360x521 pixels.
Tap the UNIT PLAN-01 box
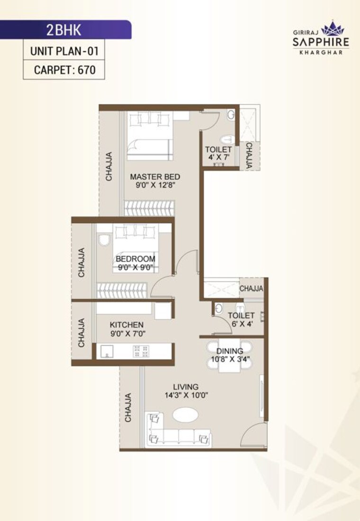click(x=64, y=50)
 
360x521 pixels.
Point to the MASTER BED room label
click(x=155, y=177)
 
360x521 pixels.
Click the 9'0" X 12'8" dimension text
click(x=155, y=186)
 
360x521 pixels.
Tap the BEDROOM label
click(x=135, y=259)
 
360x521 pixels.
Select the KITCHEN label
click(x=126, y=325)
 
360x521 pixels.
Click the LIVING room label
click(x=185, y=386)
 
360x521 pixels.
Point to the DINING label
click(x=230, y=351)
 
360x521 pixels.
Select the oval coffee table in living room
click(x=185, y=415)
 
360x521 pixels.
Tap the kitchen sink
click(x=106, y=351)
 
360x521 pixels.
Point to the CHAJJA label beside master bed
click(x=109, y=166)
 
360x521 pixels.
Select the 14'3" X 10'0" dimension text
click(x=187, y=395)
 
